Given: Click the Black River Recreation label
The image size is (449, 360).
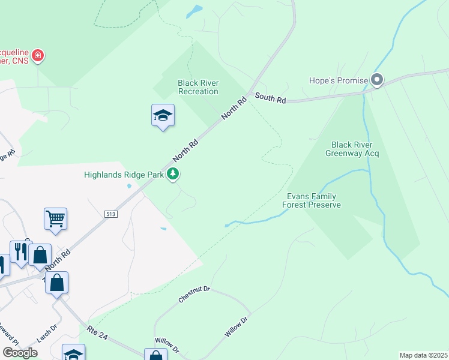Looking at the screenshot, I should tap(198, 87).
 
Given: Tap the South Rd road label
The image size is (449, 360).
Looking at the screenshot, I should tap(270, 98).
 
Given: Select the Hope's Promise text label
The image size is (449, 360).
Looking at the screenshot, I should tap(338, 80).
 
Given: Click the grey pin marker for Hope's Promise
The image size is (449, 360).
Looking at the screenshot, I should tap(377, 79).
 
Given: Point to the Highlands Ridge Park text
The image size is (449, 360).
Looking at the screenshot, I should tap(124, 175).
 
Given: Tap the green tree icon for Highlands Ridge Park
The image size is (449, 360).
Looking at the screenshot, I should tap(173, 174).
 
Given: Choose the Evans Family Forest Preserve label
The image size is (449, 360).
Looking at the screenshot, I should tap(312, 200).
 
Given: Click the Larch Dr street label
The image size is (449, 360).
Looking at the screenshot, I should tap(46, 334).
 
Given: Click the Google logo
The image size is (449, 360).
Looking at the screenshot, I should tap(20, 353).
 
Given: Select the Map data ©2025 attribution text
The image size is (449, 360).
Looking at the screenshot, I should tap(423, 355).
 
